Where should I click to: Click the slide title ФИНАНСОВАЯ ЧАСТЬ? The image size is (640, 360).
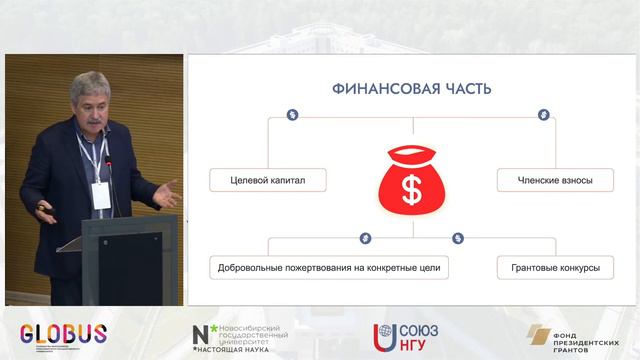pyautogui.click(x=411, y=89)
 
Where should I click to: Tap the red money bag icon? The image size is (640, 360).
pyautogui.click(x=411, y=180)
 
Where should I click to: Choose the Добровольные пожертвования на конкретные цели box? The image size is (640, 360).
pyautogui.click(x=328, y=268)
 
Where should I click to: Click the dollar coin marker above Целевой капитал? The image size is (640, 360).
pyautogui.click(x=291, y=115)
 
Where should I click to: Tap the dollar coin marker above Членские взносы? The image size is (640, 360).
pyautogui.click(x=544, y=115)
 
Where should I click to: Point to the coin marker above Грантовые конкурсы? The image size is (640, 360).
pyautogui.click(x=458, y=238)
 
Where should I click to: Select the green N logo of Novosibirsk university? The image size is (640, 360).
pyautogui.click(x=202, y=334)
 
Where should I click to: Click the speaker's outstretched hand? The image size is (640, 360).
pyautogui.click(x=163, y=192)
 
